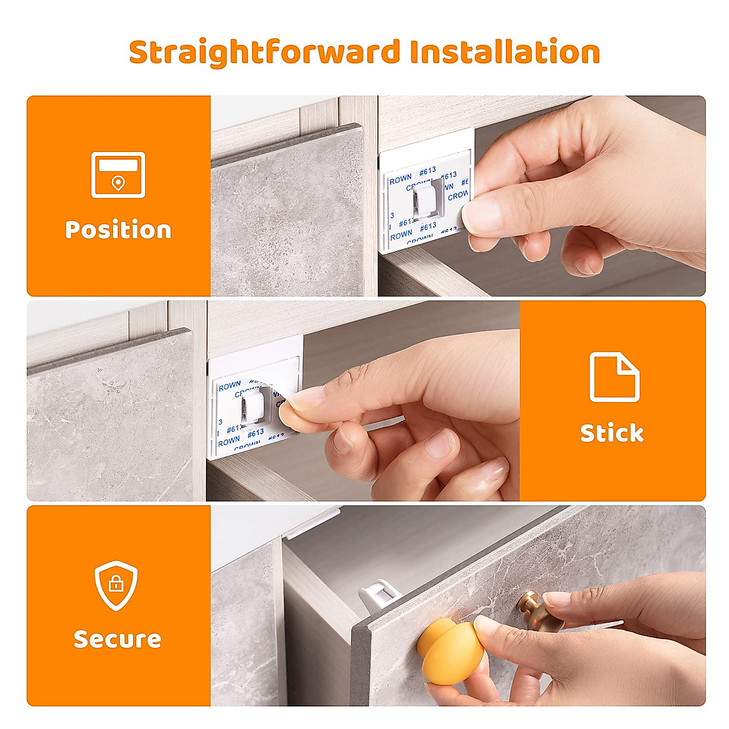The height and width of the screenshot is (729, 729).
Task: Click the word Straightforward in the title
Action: [265, 52]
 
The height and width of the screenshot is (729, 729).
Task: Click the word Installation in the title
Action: [505, 52]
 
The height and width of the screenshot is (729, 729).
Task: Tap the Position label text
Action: [118, 230]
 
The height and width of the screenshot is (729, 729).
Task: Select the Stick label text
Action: [612, 433]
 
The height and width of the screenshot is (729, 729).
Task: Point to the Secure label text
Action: [117, 639]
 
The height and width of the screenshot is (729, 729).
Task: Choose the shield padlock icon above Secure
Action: [115, 586]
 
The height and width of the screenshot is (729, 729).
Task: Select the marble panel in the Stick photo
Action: [109, 419]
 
